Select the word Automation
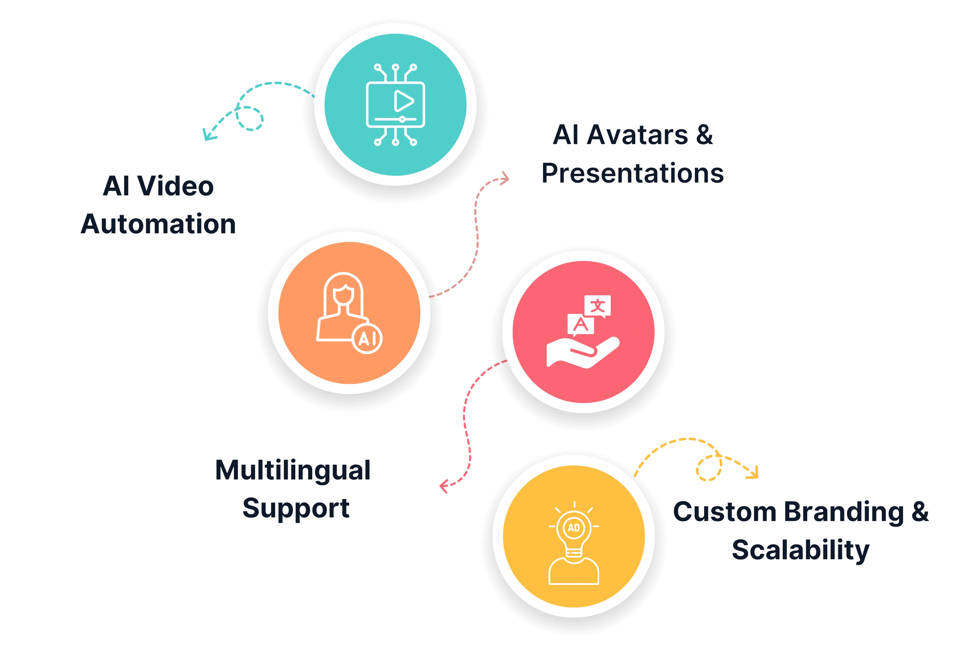pyautogui.click(x=158, y=224)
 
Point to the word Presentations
pyautogui.click(x=632, y=173)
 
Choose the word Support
pyautogui.click(x=296, y=509)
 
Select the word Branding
pyautogui.click(x=844, y=513)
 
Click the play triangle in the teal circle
pyautogui.click(x=403, y=101)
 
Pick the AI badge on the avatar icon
pyautogui.click(x=367, y=338)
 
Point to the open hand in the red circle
pyautogui.click(x=583, y=353)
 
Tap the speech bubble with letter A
pyautogui.click(x=580, y=325)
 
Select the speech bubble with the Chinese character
pyautogui.click(x=597, y=306)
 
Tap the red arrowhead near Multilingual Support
pyautogui.click(x=444, y=486)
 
